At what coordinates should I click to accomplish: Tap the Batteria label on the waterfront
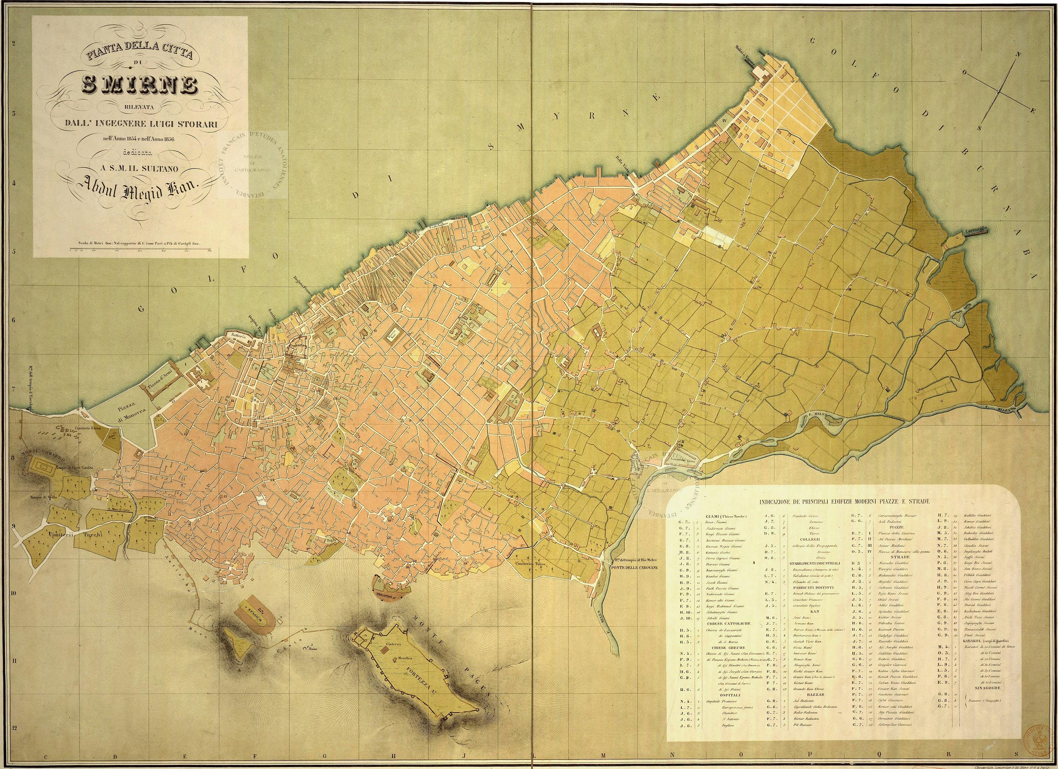pyautogui.click(x=237, y=335)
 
